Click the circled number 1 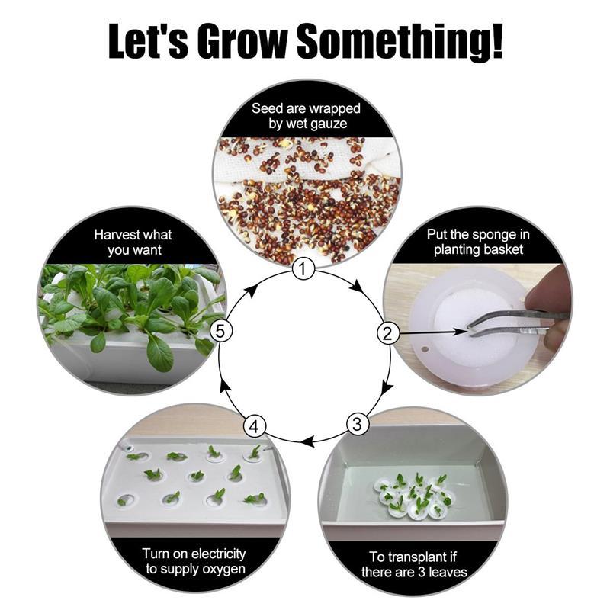click(303, 269)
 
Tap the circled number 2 click(387, 334)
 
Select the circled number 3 click(357, 424)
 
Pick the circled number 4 click(254, 426)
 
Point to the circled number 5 click(221, 332)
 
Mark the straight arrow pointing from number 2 click(432, 332)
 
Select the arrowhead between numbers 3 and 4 click(309, 441)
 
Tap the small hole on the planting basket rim click(425, 349)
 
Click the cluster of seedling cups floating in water click(413, 496)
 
